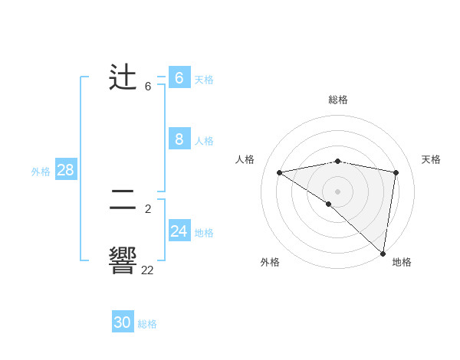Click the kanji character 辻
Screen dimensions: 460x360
(x=123, y=79)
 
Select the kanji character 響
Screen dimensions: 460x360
(x=123, y=260)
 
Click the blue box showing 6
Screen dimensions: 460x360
(x=179, y=78)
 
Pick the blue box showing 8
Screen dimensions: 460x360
(x=179, y=139)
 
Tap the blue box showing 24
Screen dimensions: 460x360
(x=179, y=231)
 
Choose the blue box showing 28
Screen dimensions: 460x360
(x=65, y=170)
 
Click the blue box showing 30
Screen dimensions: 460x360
(x=123, y=322)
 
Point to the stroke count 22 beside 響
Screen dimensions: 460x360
(x=147, y=270)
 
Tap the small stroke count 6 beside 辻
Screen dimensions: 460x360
(x=148, y=87)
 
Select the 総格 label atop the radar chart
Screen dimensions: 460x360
(x=338, y=100)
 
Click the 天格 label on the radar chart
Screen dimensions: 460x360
(x=431, y=159)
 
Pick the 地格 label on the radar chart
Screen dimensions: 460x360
(x=402, y=262)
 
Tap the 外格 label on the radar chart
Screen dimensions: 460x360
(x=270, y=262)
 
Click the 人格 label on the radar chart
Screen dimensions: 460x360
(x=245, y=159)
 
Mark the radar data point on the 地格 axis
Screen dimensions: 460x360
(x=383, y=253)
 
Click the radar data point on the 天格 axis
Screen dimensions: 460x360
(x=396, y=172)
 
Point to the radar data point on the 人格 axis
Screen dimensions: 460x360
(x=280, y=172)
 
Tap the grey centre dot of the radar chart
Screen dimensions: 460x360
(x=338, y=191)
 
